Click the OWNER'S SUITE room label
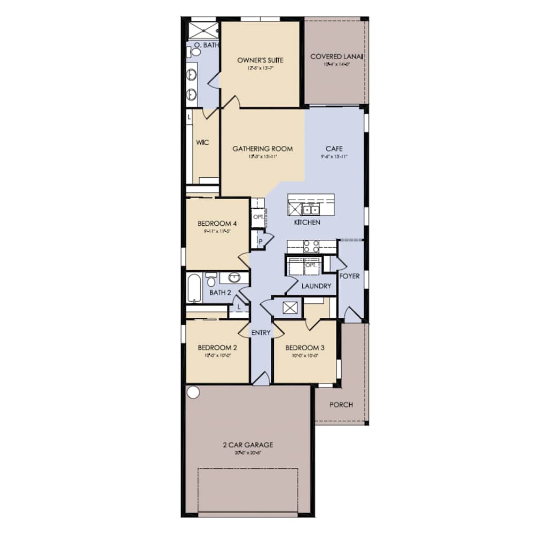click(260, 60)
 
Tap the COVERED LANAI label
click(337, 57)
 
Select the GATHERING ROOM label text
click(262, 149)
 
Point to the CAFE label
click(334, 149)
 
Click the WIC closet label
click(202, 143)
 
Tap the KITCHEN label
click(307, 222)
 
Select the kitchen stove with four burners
click(311, 246)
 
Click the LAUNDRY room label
click(316, 286)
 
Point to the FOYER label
click(349, 277)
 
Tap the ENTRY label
click(261, 333)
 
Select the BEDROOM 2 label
click(217, 347)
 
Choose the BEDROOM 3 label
click(304, 347)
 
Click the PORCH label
click(341, 404)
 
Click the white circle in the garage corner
click(193, 392)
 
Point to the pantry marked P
click(261, 241)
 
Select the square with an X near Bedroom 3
click(290, 308)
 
